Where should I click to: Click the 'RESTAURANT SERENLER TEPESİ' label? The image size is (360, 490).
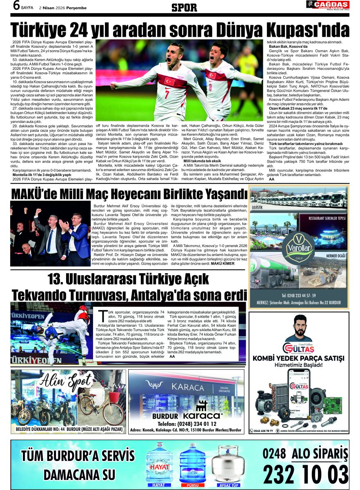[x=327, y=218]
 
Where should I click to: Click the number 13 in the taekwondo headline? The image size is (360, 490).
[x=56, y=280]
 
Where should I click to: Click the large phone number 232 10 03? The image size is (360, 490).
[x=305, y=474]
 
